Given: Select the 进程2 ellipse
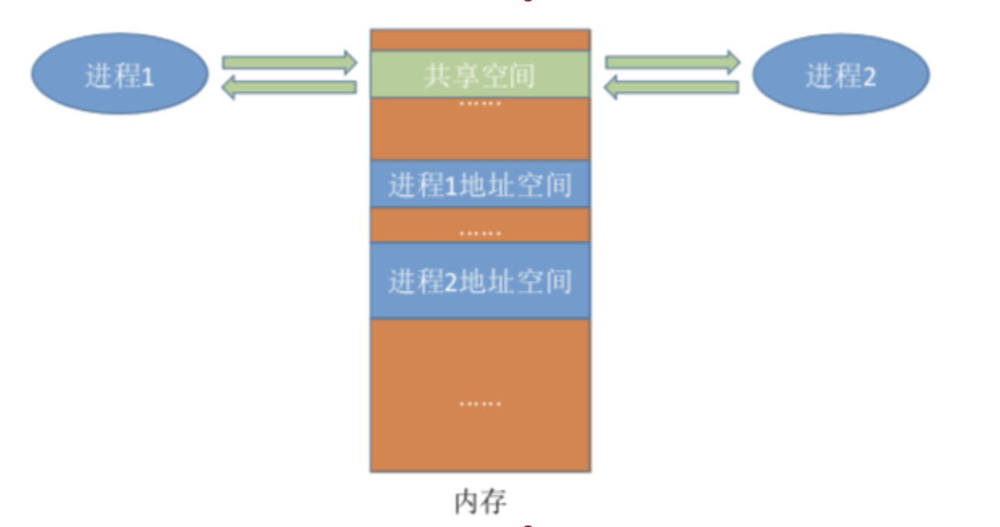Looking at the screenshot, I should [x=840, y=75].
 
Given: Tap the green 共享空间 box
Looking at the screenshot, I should [x=480, y=75].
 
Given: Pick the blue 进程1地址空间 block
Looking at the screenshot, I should [x=480, y=185].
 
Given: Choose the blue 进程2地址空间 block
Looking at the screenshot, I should [x=480, y=280].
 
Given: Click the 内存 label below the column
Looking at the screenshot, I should [x=480, y=501].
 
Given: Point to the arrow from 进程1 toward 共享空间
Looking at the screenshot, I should [x=289, y=61].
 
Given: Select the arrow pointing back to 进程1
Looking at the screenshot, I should [x=289, y=88].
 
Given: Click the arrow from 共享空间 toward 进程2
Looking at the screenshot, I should [x=673, y=61].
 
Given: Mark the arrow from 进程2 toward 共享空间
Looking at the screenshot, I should [x=673, y=88].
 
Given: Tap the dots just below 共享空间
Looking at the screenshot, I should [x=480, y=104].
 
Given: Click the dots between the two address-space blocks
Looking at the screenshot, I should [x=480, y=234].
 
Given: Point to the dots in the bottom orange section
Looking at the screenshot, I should [x=480, y=403].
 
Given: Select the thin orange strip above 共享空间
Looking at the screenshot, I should [x=480, y=39].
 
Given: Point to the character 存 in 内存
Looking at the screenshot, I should [x=494, y=501].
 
